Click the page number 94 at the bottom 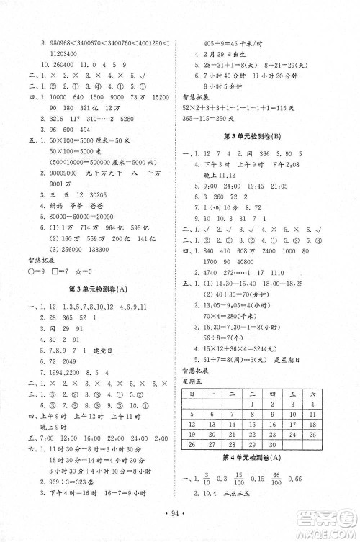coord(179,515)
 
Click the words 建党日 coord(106,350)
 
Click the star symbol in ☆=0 coord(74,271)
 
